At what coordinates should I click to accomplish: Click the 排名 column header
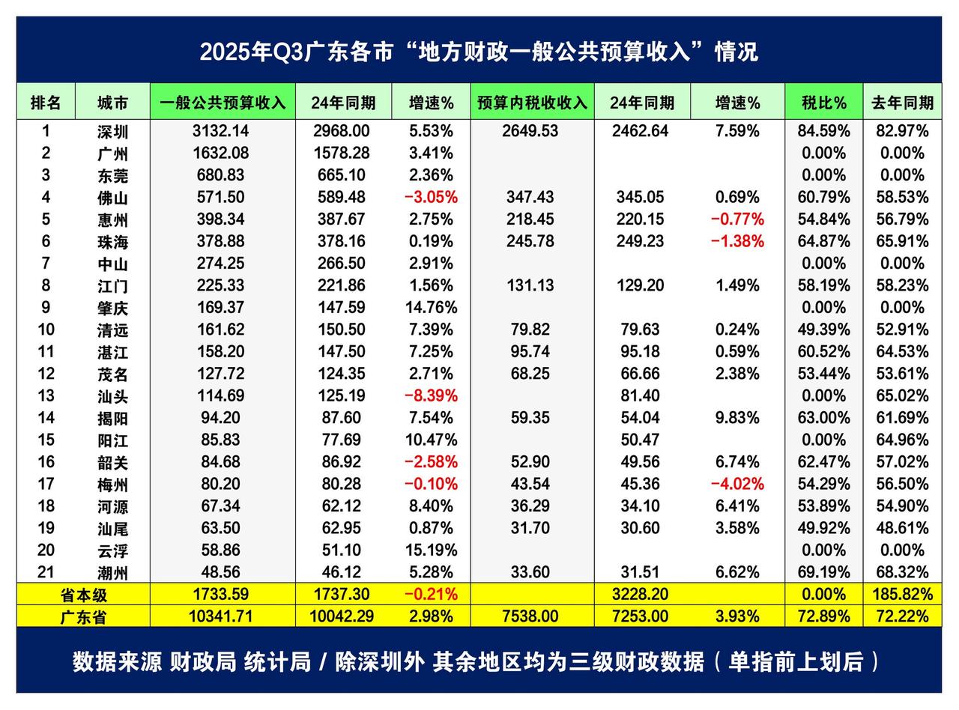pyautogui.click(x=46, y=103)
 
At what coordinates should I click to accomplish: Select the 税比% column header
pyautogui.click(x=823, y=103)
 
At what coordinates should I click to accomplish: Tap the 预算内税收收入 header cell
pyautogui.click(x=532, y=103)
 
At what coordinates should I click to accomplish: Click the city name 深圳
pyautogui.click(x=112, y=132)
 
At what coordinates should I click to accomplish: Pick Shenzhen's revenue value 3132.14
pyautogui.click(x=220, y=131)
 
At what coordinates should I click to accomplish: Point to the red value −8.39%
pyautogui.click(x=431, y=395)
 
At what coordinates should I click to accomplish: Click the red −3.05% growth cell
pyautogui.click(x=431, y=198)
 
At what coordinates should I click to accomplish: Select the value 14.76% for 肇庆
pyautogui.click(x=431, y=308)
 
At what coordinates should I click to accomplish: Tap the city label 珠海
pyautogui.click(x=112, y=242)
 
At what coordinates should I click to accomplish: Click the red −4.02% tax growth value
pyautogui.click(x=737, y=484)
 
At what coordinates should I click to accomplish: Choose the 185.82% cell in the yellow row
pyautogui.click(x=902, y=595)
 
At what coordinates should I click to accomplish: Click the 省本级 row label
pyautogui.click(x=83, y=595)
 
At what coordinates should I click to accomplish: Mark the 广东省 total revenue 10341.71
pyautogui.click(x=220, y=616)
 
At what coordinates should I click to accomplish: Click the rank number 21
pyautogui.click(x=46, y=572)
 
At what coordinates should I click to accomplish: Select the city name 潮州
pyautogui.click(x=112, y=573)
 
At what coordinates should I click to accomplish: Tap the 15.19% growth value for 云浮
pyautogui.click(x=431, y=550)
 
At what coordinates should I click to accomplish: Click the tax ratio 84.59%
pyautogui.click(x=823, y=131)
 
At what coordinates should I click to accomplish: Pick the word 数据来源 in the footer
pyautogui.click(x=116, y=662)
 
